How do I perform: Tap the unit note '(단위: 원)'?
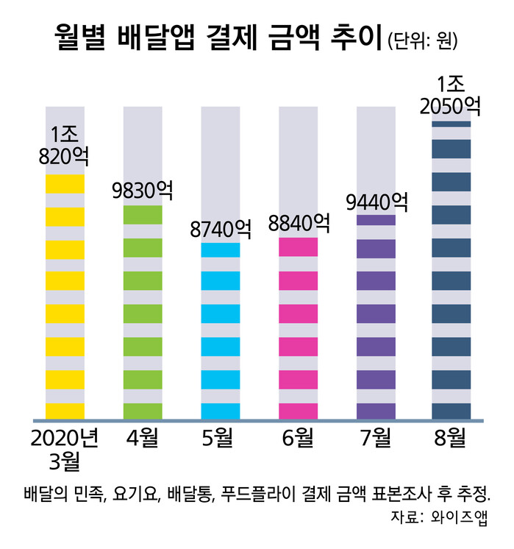tap(423, 41)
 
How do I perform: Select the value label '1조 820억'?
tap(65, 145)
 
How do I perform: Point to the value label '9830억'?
tap(143, 191)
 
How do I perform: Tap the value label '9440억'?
tap(376, 201)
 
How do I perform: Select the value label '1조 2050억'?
tap(451, 94)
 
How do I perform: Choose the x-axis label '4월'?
tap(143, 440)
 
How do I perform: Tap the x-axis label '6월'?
tap(299, 440)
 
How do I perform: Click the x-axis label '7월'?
tap(376, 440)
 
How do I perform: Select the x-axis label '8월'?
tap(451, 440)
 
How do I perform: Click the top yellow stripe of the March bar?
tap(65, 184)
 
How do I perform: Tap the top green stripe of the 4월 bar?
tap(143, 215)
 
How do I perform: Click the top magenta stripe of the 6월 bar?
tap(299, 247)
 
